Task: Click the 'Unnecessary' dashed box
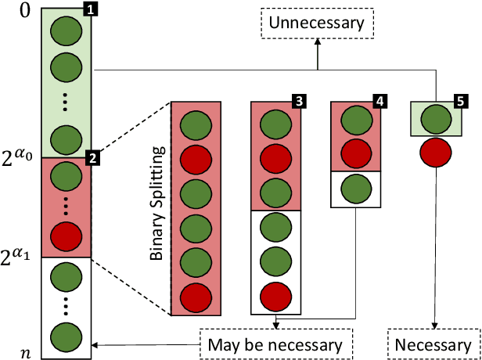(317, 23)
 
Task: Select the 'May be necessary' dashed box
(276, 344)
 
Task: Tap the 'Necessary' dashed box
(433, 344)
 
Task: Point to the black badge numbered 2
(92, 159)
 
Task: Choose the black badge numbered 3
(298, 102)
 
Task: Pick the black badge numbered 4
(379, 102)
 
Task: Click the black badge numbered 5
(460, 102)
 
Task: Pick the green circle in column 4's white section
(356, 189)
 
